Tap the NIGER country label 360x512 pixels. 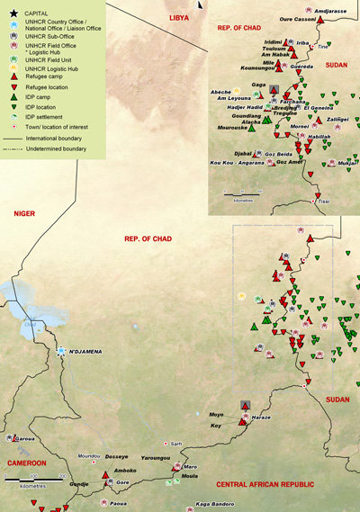point(25,212)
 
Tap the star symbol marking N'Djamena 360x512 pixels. point(61,352)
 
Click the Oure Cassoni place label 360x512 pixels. point(297,18)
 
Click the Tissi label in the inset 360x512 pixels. point(324,202)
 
